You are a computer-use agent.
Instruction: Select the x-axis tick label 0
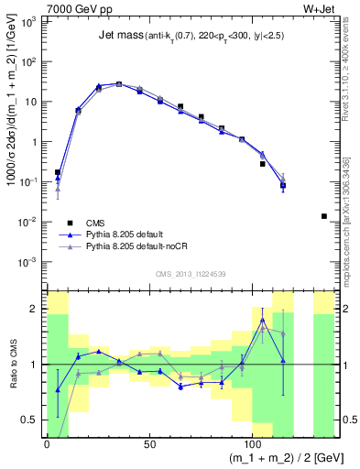47,442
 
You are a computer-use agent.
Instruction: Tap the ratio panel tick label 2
37,309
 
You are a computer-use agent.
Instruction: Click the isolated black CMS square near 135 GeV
323,216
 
